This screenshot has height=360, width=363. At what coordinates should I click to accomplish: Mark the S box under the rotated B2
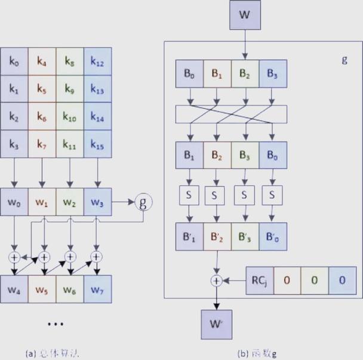pyautogui.click(x=217, y=195)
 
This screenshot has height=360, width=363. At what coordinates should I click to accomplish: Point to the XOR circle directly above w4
pyautogui.click(x=14, y=257)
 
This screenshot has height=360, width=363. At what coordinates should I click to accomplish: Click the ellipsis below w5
pyautogui.click(x=55, y=324)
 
